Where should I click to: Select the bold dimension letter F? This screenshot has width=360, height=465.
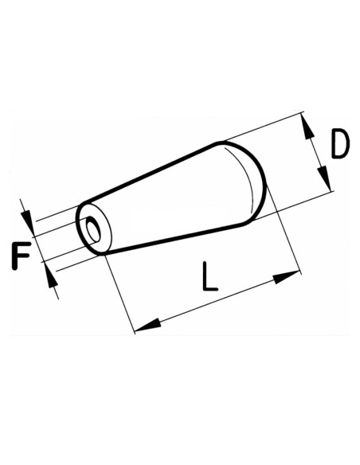22,256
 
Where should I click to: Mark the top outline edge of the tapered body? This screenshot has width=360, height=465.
151,170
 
